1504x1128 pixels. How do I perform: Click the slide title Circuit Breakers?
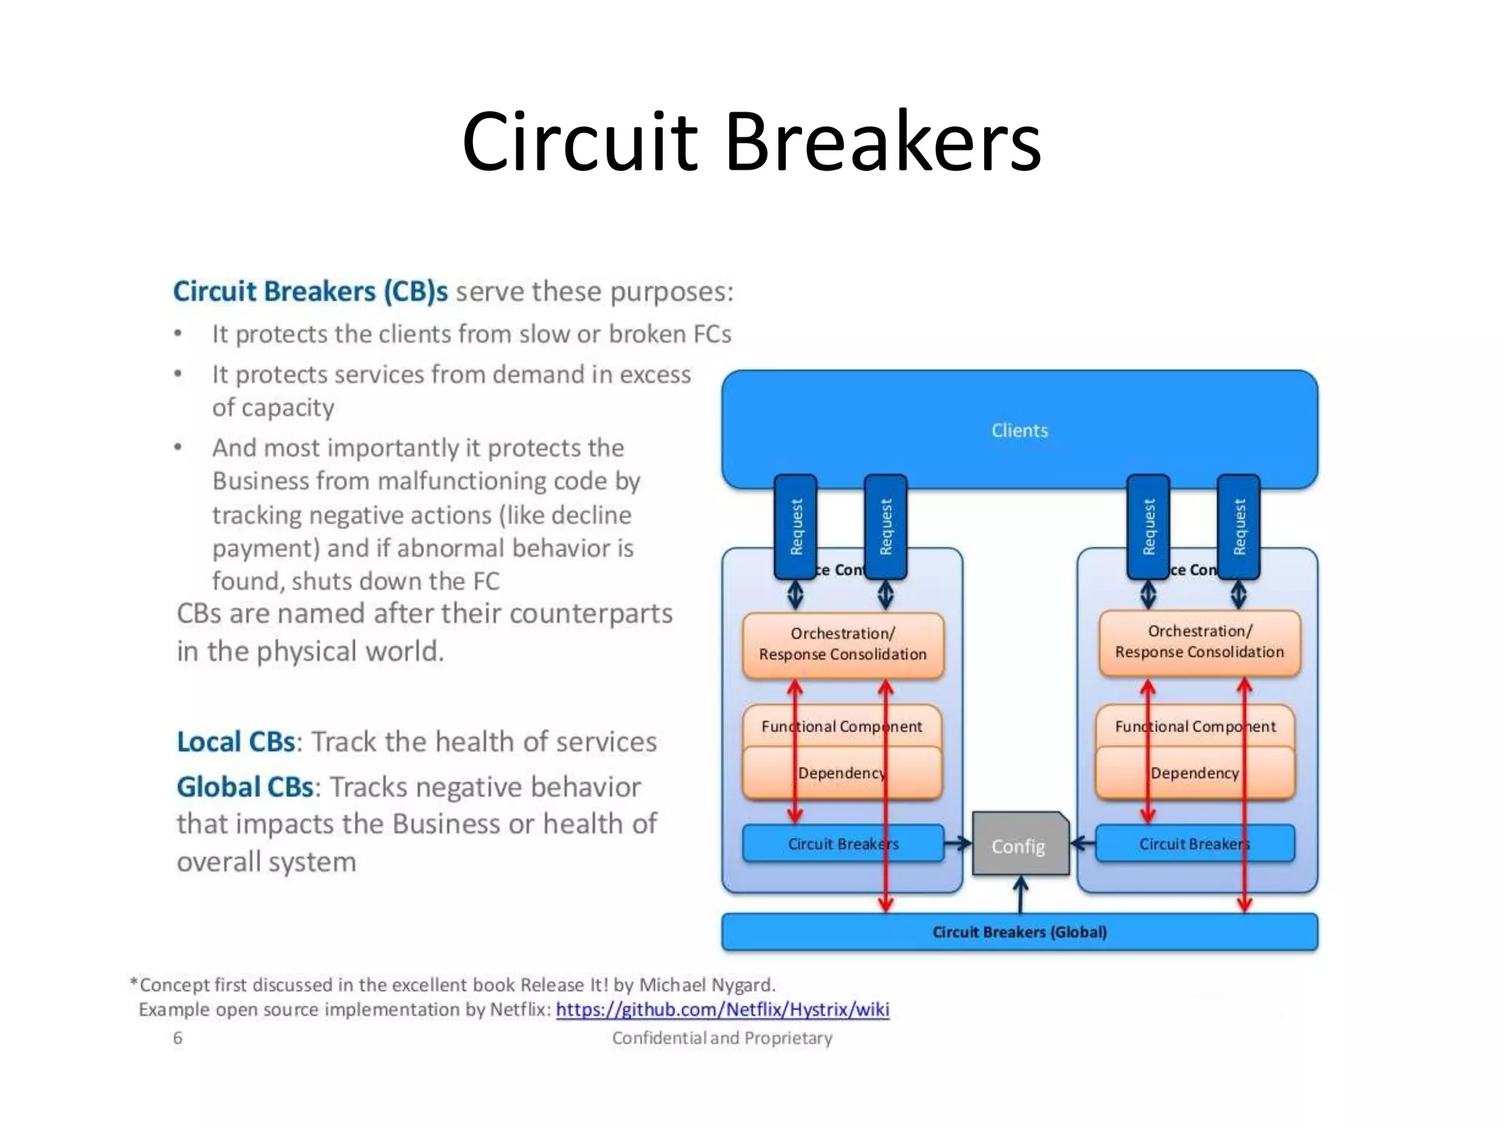point(751,141)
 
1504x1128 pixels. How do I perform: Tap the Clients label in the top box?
point(1019,430)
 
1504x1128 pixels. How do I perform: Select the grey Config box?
point(1019,846)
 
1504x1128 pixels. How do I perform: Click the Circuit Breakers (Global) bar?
point(1019,932)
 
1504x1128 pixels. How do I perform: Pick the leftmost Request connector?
point(796,526)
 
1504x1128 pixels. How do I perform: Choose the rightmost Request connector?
point(1240,526)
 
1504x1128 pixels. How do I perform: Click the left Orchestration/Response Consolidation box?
point(842,644)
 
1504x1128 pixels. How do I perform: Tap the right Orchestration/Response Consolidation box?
point(1199,642)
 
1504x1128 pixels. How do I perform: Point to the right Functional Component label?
point(1195,726)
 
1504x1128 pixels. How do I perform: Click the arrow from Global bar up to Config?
point(1020,895)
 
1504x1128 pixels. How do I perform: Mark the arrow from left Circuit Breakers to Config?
point(958,844)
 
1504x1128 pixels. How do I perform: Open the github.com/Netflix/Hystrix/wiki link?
point(722,1010)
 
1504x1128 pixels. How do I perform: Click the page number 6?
point(178,1038)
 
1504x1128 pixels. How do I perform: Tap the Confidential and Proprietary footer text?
point(722,1038)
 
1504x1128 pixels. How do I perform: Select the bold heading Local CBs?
point(236,742)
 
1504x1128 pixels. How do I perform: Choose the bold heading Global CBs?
point(245,787)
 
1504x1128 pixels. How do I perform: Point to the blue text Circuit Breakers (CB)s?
point(310,292)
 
